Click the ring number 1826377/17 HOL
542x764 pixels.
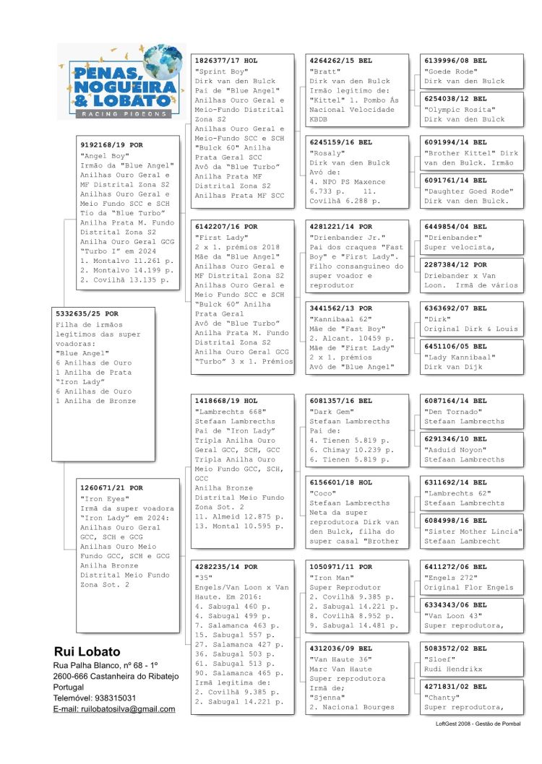pos(225,61)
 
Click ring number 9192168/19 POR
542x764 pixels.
pos(111,145)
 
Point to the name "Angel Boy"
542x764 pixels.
pos(104,155)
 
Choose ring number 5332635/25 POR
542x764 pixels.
pos(87,315)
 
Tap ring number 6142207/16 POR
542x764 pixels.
pos(225,227)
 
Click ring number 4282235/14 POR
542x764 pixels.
pos(225,568)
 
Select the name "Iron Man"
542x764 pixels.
pos(328,578)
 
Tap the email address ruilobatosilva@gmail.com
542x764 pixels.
pos(114,709)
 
